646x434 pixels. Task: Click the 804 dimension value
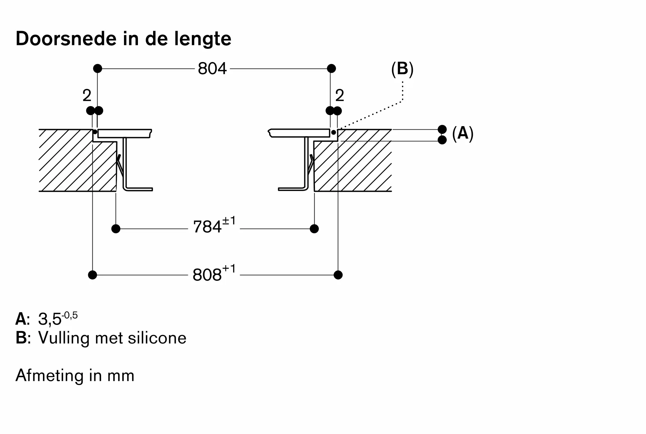[x=212, y=69]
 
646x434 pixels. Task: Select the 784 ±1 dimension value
[x=214, y=225]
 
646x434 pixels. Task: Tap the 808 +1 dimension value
[x=214, y=273]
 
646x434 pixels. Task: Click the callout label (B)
[x=402, y=69]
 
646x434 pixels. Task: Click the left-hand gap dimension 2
[x=87, y=95]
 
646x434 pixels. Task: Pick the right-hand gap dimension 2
[x=339, y=95]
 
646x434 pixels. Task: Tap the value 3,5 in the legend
[x=50, y=320]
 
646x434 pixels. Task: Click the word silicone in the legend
[x=157, y=338]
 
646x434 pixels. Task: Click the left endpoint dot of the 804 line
[x=98, y=69]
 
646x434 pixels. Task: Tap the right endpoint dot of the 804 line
[x=331, y=69]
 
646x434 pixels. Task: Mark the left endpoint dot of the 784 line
[x=116, y=229]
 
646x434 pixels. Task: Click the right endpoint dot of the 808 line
[x=338, y=275]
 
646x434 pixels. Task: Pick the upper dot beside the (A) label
[x=442, y=129]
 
